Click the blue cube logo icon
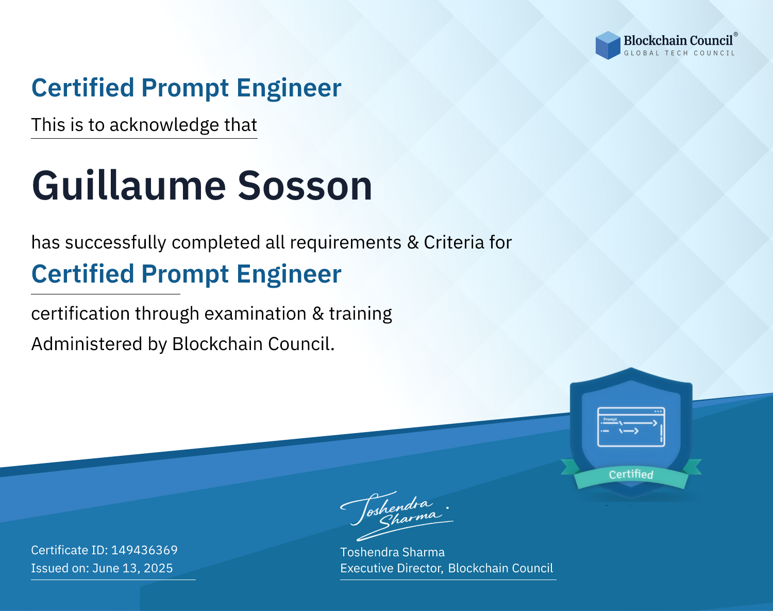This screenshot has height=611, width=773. [608, 45]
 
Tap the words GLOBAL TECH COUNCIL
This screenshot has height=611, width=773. [680, 53]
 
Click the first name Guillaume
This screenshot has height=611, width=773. [129, 186]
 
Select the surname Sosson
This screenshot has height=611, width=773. [305, 186]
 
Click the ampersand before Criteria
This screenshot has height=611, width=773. [413, 242]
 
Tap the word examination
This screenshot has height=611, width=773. [256, 313]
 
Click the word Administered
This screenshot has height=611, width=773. [87, 343]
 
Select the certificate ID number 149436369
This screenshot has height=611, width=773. [144, 550]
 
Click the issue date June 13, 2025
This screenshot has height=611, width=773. [132, 568]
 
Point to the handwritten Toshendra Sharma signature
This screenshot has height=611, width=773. [397, 516]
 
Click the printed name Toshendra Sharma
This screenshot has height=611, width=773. [392, 552]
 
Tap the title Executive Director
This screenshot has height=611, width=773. [391, 568]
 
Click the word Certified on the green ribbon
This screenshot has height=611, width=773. [631, 474]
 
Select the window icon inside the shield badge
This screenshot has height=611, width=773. [631, 427]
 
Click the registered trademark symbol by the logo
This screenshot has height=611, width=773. [736, 35]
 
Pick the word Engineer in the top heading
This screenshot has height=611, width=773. [289, 88]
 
